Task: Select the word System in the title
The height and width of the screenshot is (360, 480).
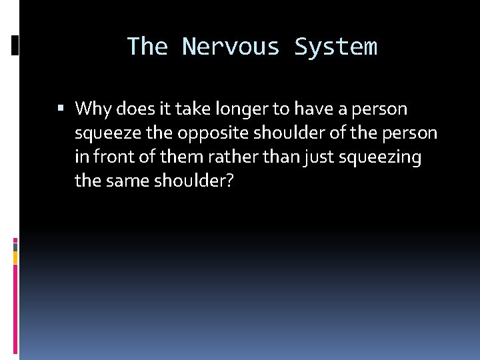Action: tap(335, 47)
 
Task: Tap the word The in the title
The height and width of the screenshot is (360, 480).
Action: tap(147, 47)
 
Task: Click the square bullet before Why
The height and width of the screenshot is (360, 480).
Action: tap(61, 109)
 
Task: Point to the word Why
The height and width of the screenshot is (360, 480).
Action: tap(91, 109)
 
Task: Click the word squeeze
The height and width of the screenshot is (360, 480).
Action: tap(108, 133)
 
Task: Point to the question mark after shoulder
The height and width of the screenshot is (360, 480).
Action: tap(229, 181)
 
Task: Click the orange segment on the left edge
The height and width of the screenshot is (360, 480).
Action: tap(15, 257)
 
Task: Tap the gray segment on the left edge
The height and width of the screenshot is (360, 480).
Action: tap(15, 246)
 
